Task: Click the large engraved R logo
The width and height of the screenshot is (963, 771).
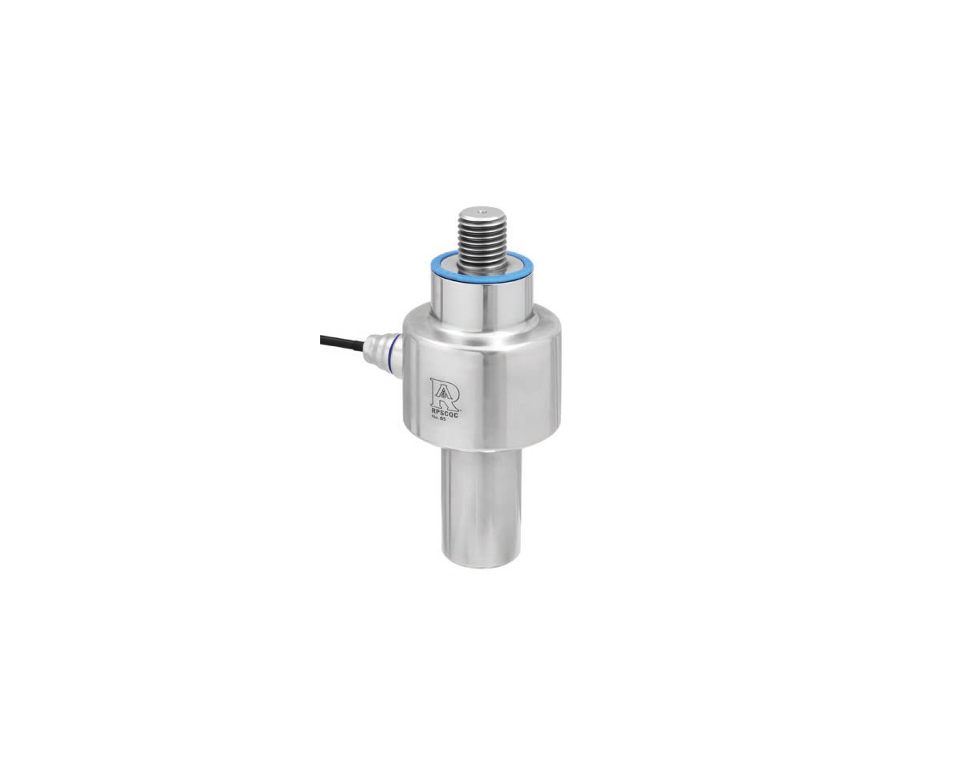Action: (444, 393)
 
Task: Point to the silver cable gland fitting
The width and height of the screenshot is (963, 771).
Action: (383, 351)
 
